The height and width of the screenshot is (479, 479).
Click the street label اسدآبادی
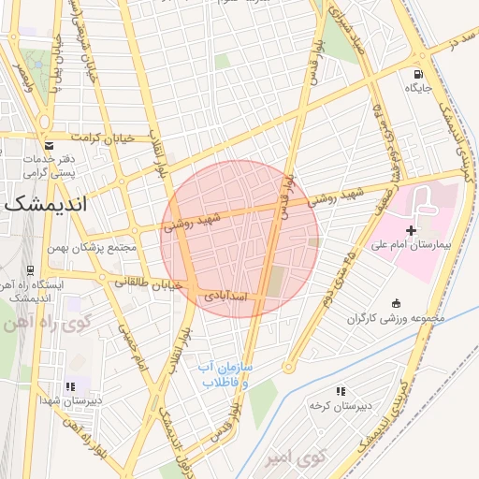[225, 296]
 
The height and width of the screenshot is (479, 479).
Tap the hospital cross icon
[411, 230]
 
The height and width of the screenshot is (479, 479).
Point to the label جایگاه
[417, 88]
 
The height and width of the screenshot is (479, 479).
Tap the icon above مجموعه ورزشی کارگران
[396, 303]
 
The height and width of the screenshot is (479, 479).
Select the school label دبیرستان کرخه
[341, 405]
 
